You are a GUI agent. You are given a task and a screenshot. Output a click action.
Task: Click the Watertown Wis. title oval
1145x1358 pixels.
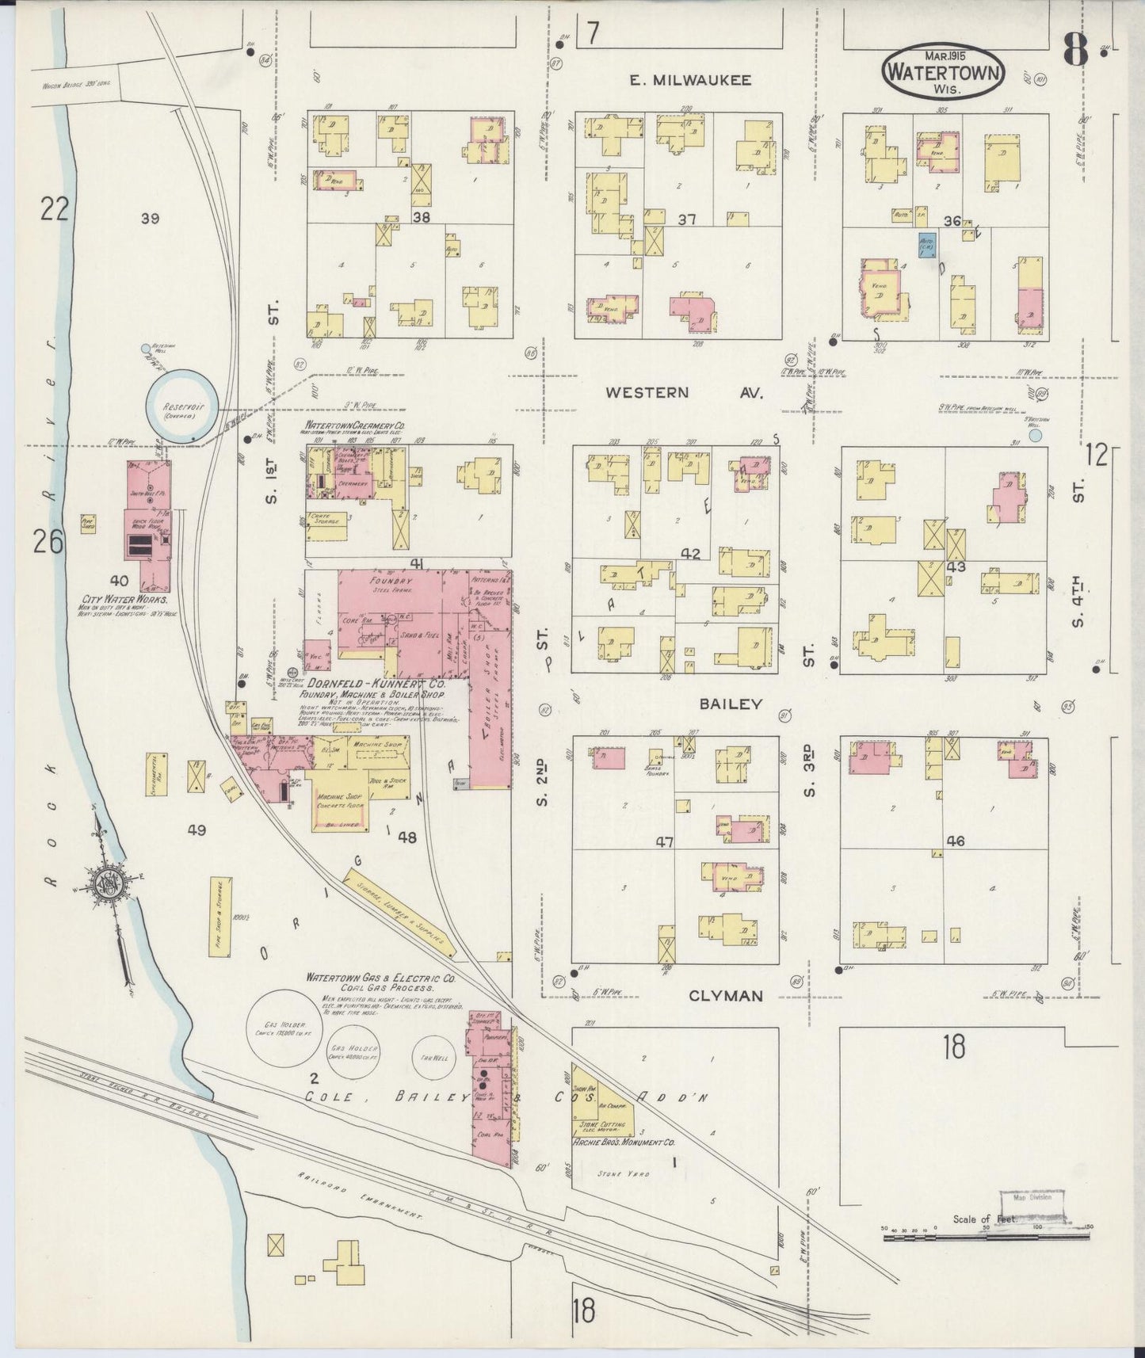click(944, 73)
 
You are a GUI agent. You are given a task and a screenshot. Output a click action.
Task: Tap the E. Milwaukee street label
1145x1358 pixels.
click(690, 80)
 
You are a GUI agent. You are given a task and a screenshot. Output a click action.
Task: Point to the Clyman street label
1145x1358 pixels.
click(725, 995)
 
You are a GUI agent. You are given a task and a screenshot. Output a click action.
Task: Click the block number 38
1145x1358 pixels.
click(422, 216)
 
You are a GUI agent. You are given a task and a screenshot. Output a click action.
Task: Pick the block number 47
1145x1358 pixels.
click(663, 842)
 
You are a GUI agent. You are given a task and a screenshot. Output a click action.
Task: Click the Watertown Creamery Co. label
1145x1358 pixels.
click(353, 425)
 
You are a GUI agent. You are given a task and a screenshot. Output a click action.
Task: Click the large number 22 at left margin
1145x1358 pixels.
click(55, 209)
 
